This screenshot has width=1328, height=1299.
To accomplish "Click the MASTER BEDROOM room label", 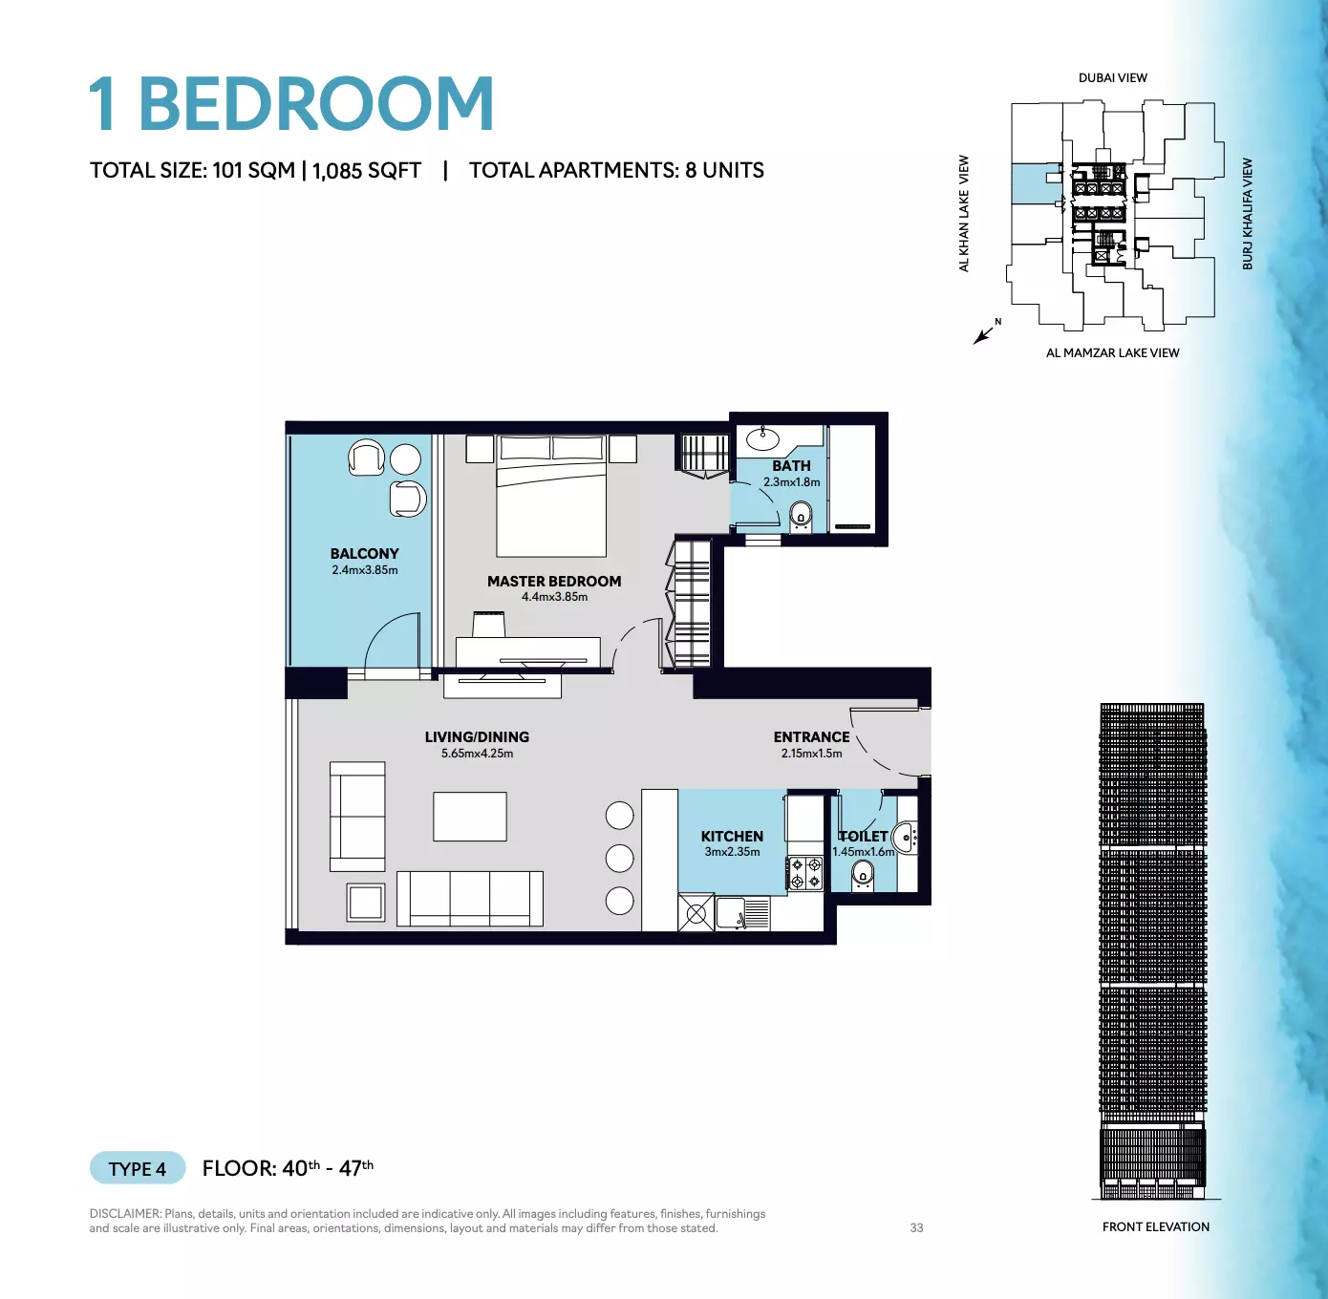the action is pyautogui.click(x=554, y=582).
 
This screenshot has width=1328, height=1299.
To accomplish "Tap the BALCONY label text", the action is pyautogui.click(x=364, y=553).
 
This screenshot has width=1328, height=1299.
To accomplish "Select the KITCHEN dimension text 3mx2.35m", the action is pyautogui.click(x=732, y=851).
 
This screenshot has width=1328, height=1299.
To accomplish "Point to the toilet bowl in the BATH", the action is pyautogui.click(x=802, y=517).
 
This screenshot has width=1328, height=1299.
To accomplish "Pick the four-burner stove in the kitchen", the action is pyautogui.click(x=806, y=873).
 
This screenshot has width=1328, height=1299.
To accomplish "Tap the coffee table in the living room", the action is pyautogui.click(x=469, y=816).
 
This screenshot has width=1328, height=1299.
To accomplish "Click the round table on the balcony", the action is pyautogui.click(x=405, y=459).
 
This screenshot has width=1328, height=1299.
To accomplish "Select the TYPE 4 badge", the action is pyautogui.click(x=138, y=1169).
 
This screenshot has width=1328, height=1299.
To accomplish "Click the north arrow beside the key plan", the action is pyautogui.click(x=983, y=335).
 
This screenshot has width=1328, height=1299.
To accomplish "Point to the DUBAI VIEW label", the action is pyautogui.click(x=1112, y=77).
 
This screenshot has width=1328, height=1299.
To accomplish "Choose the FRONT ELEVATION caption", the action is pyautogui.click(x=1155, y=1226).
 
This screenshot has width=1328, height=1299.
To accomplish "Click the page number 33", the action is pyautogui.click(x=916, y=1228).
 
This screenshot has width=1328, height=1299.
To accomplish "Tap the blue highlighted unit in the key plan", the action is pyautogui.click(x=1036, y=183).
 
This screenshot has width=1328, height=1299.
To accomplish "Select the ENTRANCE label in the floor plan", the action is pyautogui.click(x=811, y=736).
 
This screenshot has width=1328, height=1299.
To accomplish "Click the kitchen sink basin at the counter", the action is pyautogui.click(x=730, y=913).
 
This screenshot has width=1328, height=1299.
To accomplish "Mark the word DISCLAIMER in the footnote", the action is pyautogui.click(x=125, y=1214).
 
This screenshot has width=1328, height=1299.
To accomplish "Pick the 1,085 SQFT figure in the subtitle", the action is pyautogui.click(x=367, y=170).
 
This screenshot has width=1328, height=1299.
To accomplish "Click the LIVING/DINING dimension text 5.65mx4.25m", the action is pyautogui.click(x=477, y=754).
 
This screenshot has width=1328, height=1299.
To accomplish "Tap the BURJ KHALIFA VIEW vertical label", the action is pyautogui.click(x=1248, y=214).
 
